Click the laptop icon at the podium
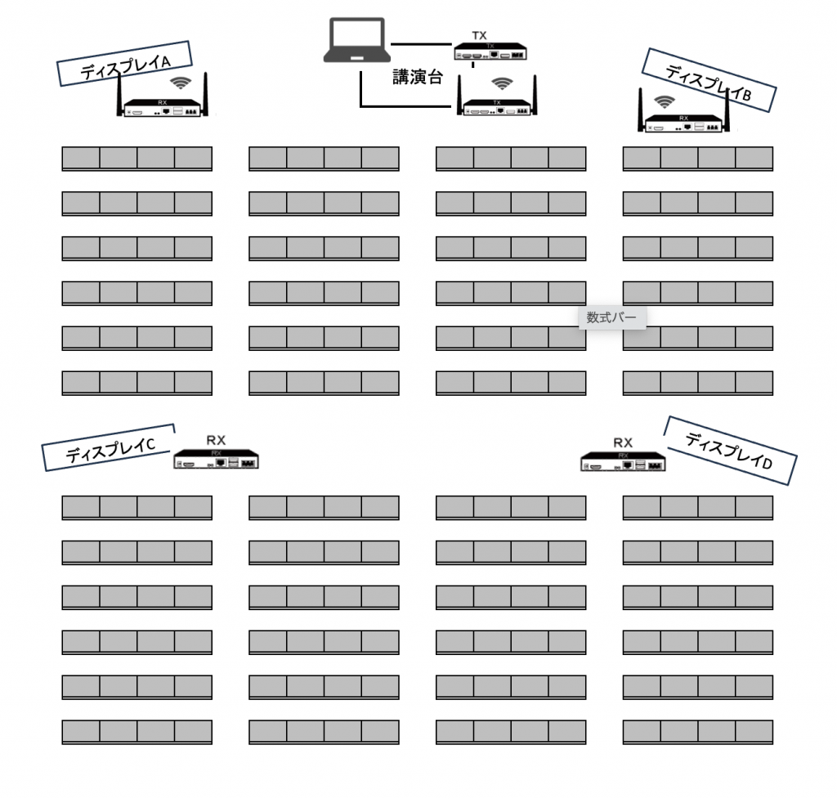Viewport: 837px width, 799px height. (356, 40)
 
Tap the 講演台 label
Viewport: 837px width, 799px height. (418, 77)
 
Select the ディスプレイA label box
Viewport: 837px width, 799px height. (124, 64)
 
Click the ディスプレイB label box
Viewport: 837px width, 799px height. (709, 80)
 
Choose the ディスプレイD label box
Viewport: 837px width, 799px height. (730, 451)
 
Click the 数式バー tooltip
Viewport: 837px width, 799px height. (611, 317)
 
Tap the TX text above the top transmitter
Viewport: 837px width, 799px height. (479, 36)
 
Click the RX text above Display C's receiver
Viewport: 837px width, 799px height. (216, 440)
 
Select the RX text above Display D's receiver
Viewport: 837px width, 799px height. (623, 442)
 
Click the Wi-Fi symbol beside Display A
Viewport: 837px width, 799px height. (181, 83)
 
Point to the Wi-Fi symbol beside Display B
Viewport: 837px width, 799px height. (664, 101)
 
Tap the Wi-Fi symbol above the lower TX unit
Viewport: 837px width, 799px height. (503, 83)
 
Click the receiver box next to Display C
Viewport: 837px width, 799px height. (216, 460)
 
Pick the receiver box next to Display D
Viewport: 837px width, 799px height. (623, 462)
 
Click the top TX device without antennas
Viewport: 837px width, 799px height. (490, 52)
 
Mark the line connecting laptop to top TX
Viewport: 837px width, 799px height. (422, 44)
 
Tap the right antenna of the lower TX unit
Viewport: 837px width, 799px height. (535, 95)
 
